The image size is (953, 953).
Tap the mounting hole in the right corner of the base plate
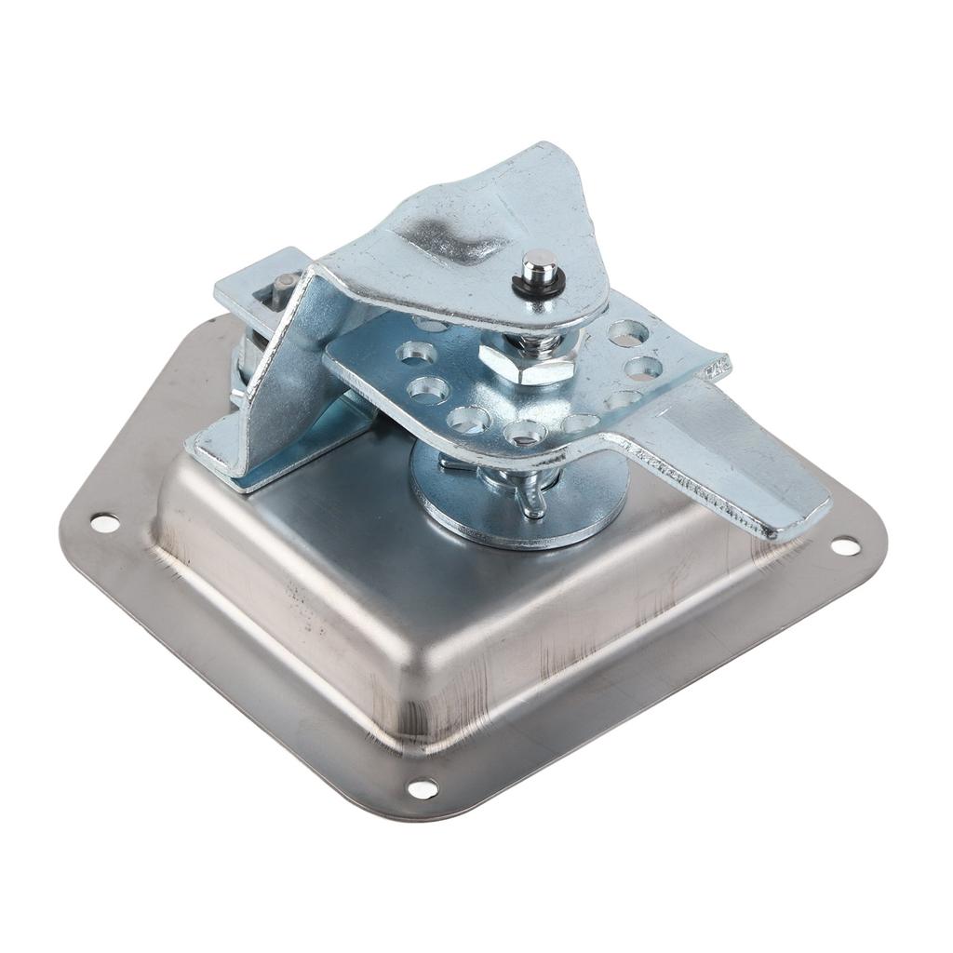point(845,546)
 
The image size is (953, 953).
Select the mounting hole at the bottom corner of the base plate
point(423,788)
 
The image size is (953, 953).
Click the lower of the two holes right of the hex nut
point(642,368)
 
